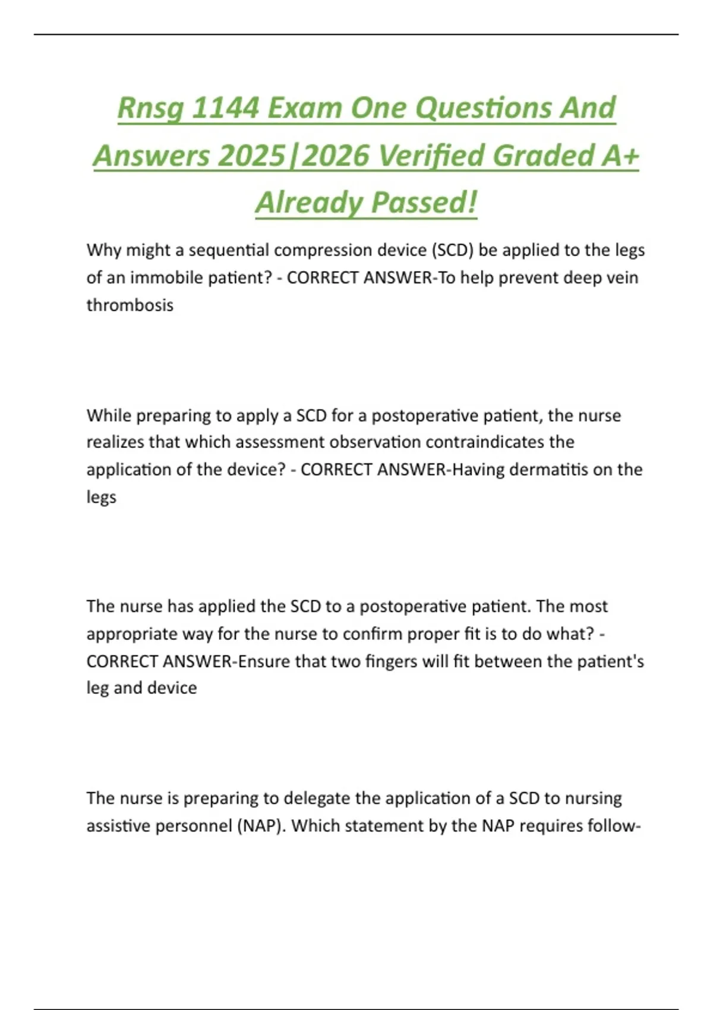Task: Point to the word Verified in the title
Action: (431, 156)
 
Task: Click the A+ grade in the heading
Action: (620, 156)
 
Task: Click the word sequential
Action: (228, 250)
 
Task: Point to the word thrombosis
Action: (130, 305)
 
